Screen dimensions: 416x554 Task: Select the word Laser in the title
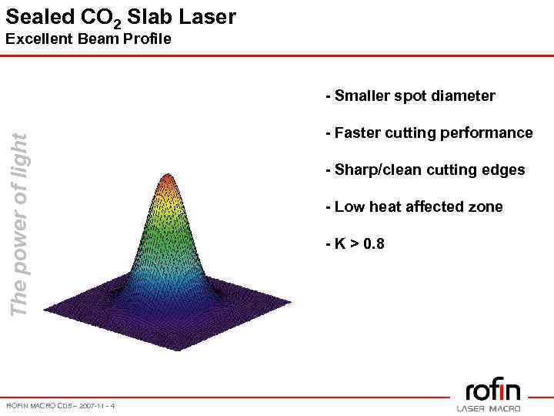coord(208,16)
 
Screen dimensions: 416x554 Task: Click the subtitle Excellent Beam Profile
coord(88,39)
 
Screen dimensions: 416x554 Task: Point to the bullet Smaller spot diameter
coord(410,96)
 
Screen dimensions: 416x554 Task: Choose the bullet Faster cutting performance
coord(429,133)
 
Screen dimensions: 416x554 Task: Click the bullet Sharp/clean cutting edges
coord(426,169)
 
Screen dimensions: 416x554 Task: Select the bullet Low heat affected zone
coord(414,206)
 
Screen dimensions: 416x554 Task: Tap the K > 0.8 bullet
coord(355,244)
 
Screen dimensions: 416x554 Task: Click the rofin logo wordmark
coord(492,389)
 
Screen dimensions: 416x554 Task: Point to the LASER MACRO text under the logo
coord(489,408)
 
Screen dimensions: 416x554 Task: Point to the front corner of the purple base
coord(176,351)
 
